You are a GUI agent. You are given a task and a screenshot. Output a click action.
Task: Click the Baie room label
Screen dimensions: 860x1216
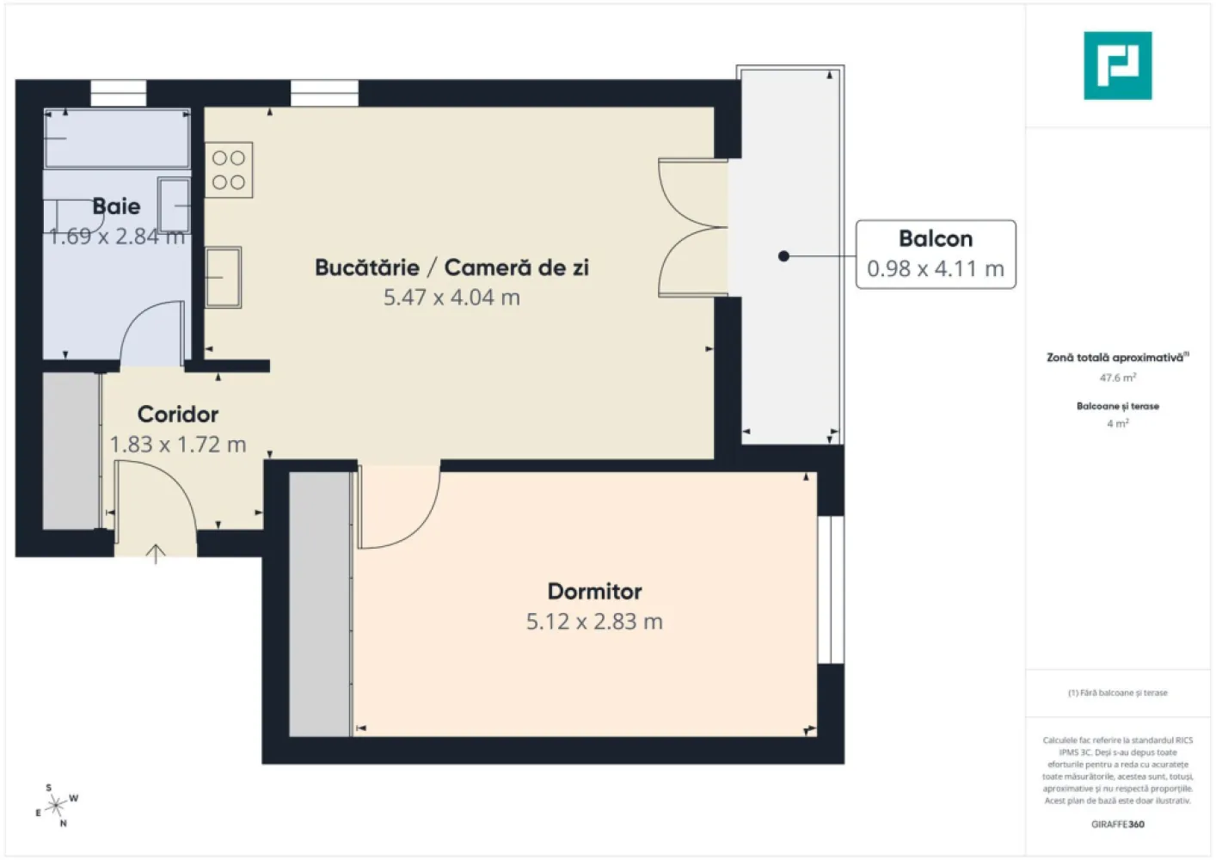click(x=116, y=206)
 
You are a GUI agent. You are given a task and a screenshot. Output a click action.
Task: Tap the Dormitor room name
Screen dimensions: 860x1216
click(x=594, y=592)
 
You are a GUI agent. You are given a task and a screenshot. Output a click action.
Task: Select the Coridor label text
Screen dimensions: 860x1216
click(x=178, y=415)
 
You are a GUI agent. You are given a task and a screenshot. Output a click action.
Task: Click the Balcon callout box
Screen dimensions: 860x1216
click(x=936, y=255)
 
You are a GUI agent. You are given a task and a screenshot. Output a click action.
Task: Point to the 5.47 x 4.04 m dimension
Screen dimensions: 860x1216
click(x=451, y=298)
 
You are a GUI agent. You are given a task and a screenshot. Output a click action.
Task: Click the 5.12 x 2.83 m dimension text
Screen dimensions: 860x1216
click(x=594, y=622)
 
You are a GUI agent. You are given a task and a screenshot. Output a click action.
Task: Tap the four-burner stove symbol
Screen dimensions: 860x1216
click(x=229, y=170)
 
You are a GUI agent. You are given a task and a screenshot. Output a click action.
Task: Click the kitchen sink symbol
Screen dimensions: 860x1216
click(x=223, y=277)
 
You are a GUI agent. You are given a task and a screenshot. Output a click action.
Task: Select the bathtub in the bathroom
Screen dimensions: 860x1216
click(x=117, y=138)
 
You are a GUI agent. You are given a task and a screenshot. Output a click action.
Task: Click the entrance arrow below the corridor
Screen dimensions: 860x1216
click(x=156, y=555)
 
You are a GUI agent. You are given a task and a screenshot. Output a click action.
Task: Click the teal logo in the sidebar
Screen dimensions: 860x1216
click(x=1117, y=65)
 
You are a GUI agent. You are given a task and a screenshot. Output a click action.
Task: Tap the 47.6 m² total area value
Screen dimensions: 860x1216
click(x=1117, y=378)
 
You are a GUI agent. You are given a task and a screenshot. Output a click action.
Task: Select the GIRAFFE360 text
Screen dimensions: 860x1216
click(x=1117, y=824)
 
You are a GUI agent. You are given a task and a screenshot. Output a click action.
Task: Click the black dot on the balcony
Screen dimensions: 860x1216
click(x=783, y=256)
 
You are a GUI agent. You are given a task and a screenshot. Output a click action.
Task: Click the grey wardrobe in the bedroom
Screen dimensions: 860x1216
click(x=320, y=604)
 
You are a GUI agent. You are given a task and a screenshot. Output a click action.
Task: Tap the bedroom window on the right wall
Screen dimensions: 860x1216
click(x=831, y=590)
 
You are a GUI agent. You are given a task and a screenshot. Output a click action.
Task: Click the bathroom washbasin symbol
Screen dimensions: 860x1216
click(x=174, y=206)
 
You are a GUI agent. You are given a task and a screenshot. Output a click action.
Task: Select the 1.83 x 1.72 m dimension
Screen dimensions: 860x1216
click(x=178, y=445)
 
